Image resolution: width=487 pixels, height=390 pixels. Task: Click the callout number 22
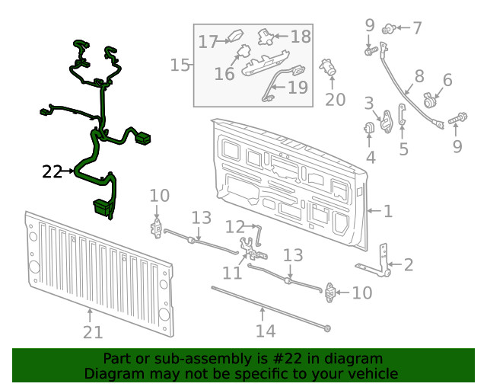click(x=52, y=172)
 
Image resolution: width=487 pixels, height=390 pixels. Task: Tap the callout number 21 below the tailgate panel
click(x=91, y=331)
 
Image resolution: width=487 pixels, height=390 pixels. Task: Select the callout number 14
click(x=264, y=331)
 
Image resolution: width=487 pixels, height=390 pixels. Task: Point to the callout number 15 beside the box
click(x=180, y=66)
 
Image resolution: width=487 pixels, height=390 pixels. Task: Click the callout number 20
click(x=335, y=100)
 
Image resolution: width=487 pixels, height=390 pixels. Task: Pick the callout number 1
click(x=387, y=210)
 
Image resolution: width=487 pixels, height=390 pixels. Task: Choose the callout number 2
click(x=409, y=265)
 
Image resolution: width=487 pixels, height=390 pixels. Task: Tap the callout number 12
click(x=234, y=226)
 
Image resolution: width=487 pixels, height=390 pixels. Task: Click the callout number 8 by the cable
click(x=419, y=76)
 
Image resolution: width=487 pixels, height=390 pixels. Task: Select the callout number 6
click(x=447, y=80)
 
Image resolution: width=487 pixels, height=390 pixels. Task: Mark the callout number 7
click(x=416, y=29)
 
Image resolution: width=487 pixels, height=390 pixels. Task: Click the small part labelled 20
click(x=329, y=67)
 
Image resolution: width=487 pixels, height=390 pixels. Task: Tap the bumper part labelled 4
click(x=371, y=129)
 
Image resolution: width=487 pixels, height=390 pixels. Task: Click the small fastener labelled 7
click(x=389, y=29)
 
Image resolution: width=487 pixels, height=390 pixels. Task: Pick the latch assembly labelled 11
click(x=252, y=248)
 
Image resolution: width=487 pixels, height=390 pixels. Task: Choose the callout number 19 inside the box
click(x=298, y=88)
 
